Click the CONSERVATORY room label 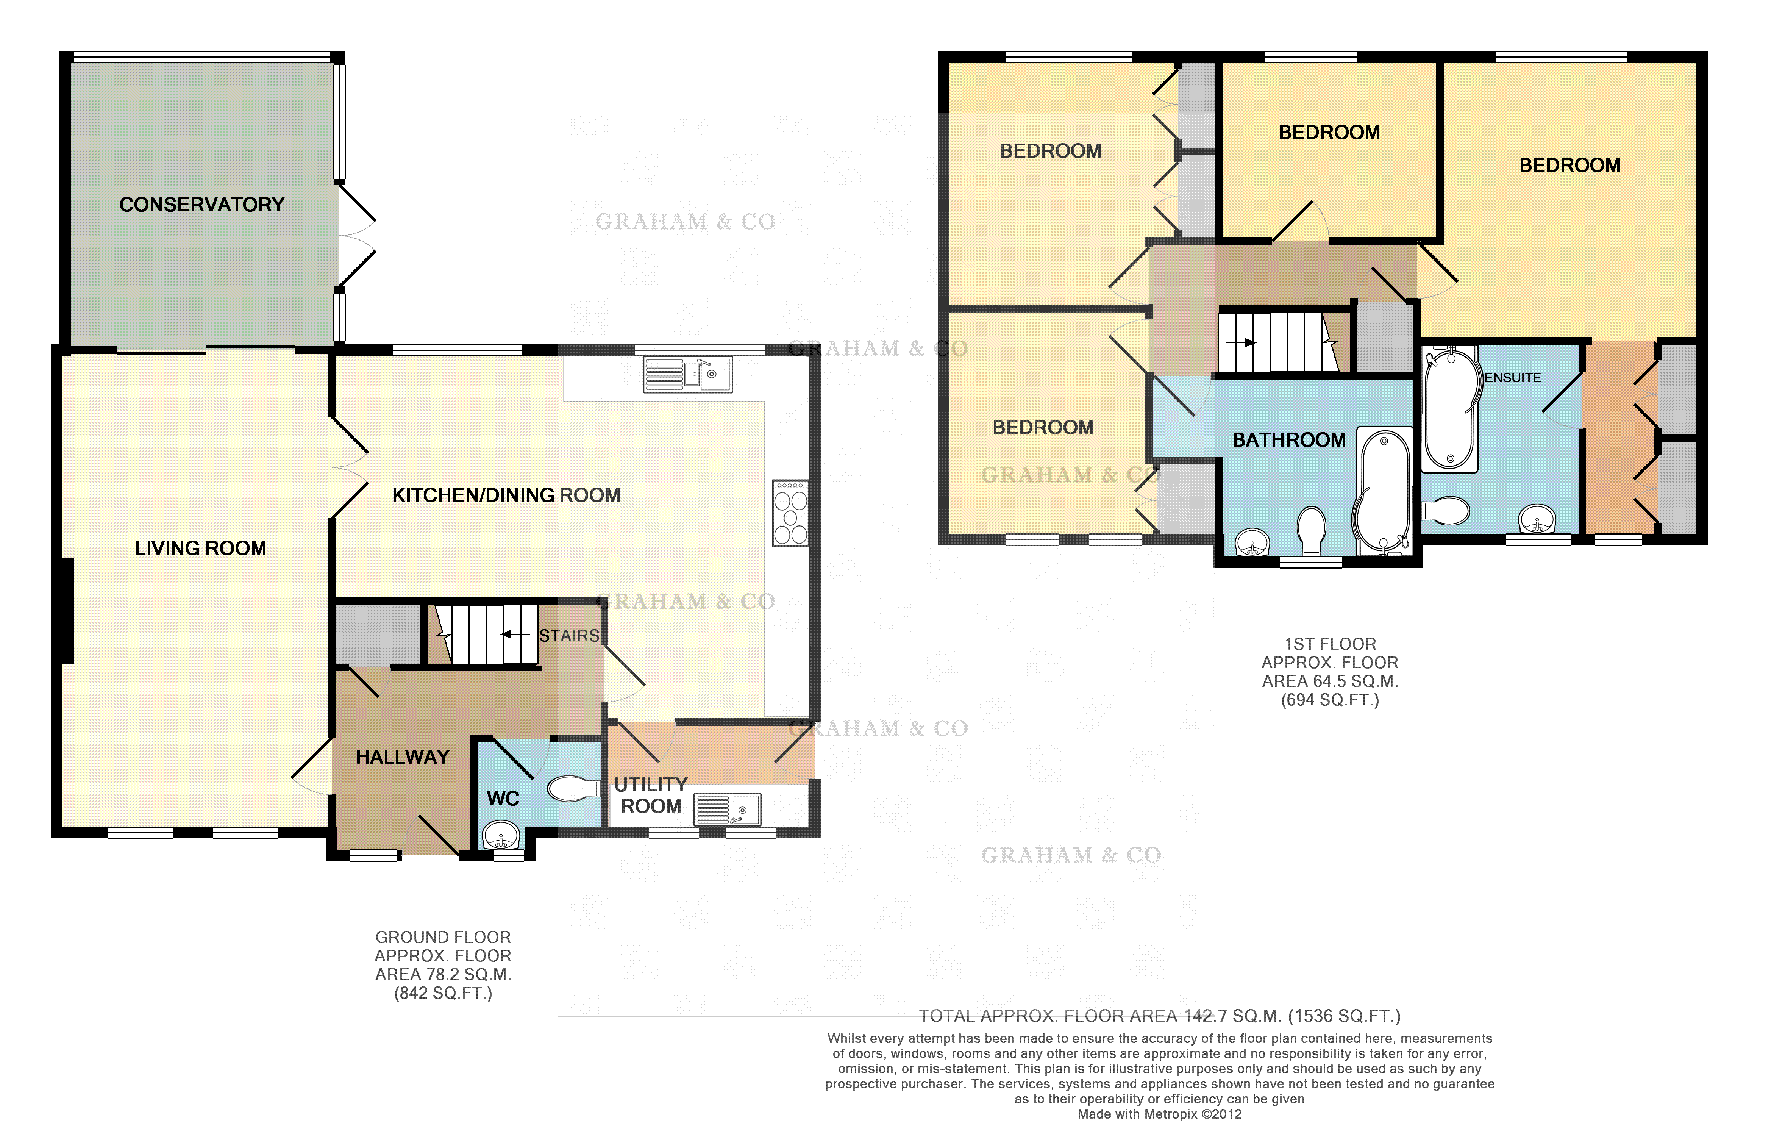click(202, 205)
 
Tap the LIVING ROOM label click(200, 548)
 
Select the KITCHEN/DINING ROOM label click(506, 495)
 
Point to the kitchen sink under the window click(687, 374)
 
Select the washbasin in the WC click(501, 835)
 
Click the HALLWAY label click(402, 757)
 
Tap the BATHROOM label click(1289, 440)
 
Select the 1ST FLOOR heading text click(1330, 644)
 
